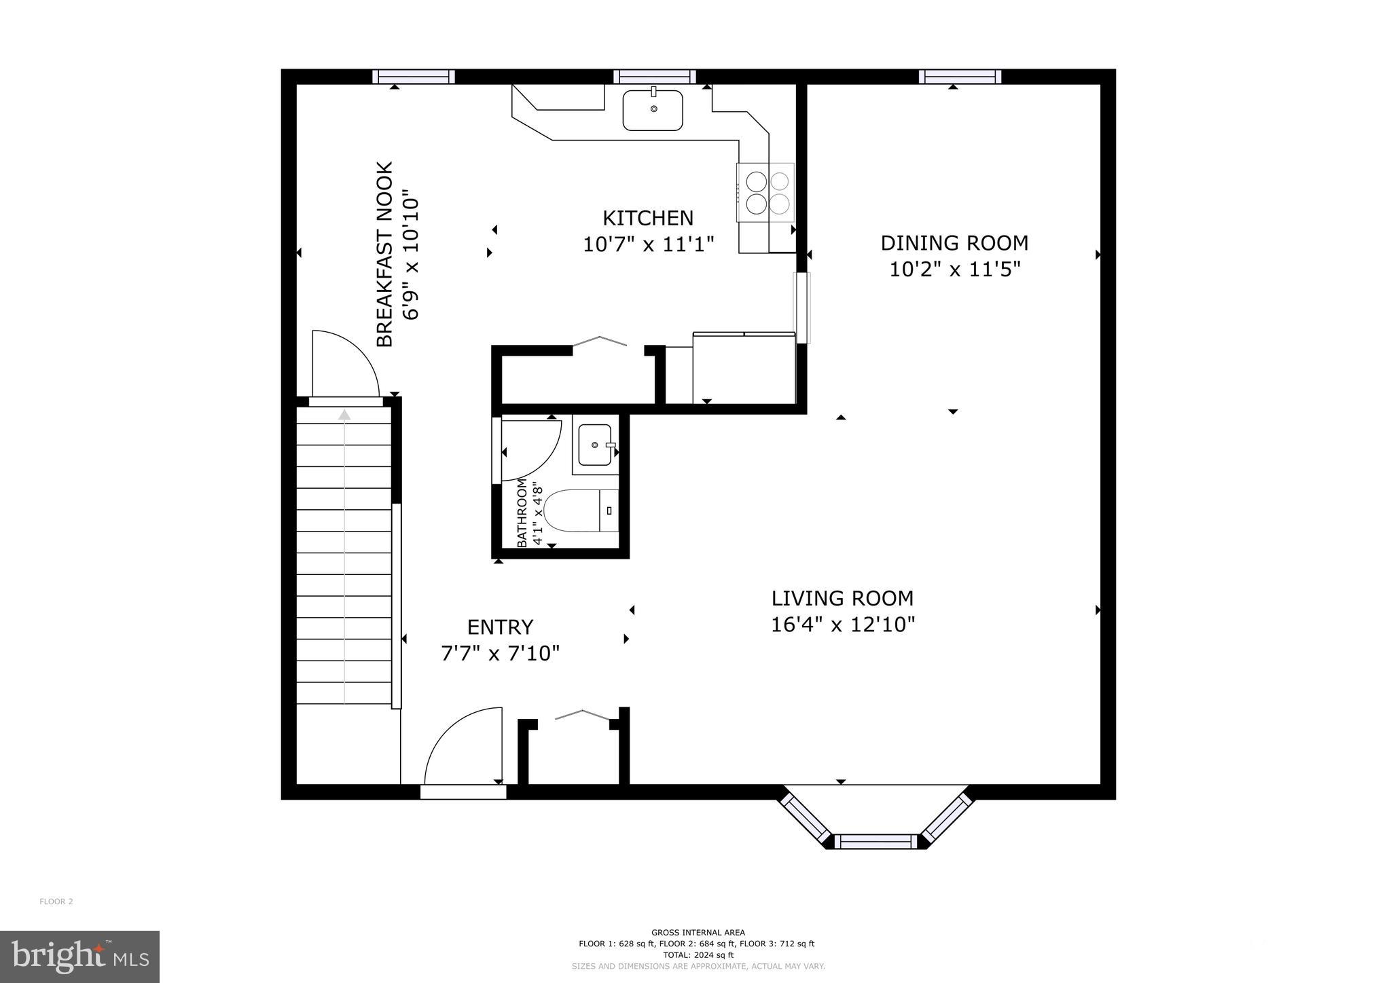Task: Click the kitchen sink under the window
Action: [x=653, y=110]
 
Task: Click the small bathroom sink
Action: [x=595, y=445]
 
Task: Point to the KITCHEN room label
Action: [x=648, y=218]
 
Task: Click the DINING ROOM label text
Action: [x=954, y=243]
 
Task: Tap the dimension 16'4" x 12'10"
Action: [x=843, y=625]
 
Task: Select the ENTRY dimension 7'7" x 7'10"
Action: [x=501, y=654]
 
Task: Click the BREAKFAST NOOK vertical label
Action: [x=385, y=254]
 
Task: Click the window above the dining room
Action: [x=960, y=77]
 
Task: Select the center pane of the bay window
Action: [x=875, y=842]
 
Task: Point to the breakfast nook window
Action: [x=414, y=77]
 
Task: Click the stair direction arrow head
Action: [x=345, y=414]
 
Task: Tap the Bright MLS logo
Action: [x=79, y=957]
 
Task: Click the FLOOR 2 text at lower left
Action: [x=56, y=902]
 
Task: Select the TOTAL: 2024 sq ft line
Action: [x=698, y=954]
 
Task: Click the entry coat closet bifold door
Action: [x=583, y=714]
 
